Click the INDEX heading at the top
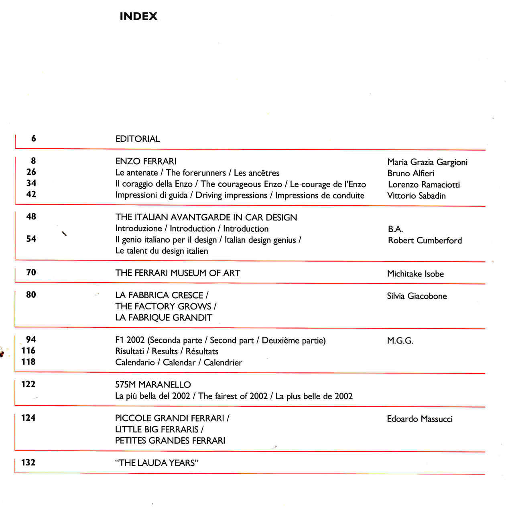click(138, 16)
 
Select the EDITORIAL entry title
click(138, 139)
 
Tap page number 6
click(33, 138)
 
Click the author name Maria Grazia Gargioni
click(427, 162)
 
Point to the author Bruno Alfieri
click(410, 174)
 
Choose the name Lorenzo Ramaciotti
click(424, 185)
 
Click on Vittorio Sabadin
click(416, 196)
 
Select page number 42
click(31, 194)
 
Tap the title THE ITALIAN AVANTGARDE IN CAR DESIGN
click(206, 218)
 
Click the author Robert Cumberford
click(425, 240)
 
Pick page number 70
click(31, 273)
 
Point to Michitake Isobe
click(415, 274)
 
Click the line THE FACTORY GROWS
click(165, 307)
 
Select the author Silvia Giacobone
click(417, 296)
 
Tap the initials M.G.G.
click(400, 341)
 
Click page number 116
click(28, 351)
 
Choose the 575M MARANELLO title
click(153, 385)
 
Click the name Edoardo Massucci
click(419, 419)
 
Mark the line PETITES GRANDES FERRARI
click(170, 441)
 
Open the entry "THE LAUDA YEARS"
click(157, 463)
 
